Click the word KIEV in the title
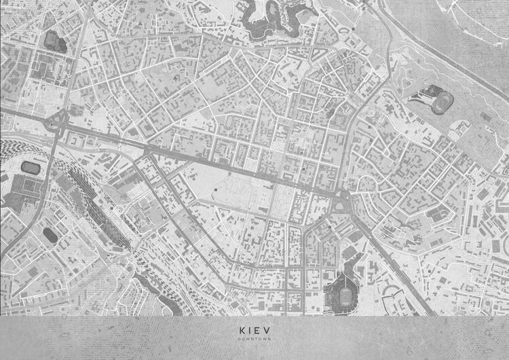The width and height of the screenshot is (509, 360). [254, 331]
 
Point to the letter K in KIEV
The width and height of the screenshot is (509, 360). [241, 331]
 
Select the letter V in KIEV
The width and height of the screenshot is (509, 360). [267, 331]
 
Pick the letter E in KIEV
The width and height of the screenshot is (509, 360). [259, 331]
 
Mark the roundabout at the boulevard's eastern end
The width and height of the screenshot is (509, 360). [342, 198]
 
